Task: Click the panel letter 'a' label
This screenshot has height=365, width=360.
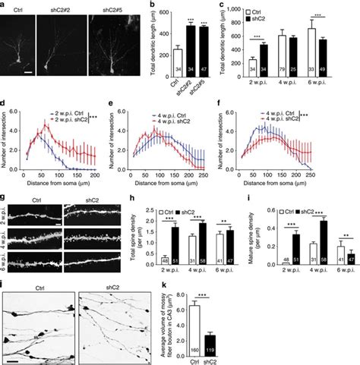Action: pyautogui.click(x=5, y=5)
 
